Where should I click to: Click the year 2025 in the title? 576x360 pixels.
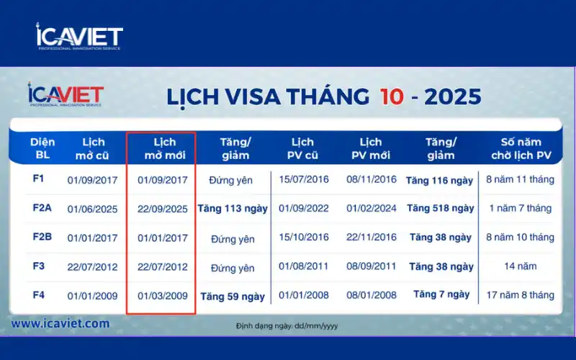453,96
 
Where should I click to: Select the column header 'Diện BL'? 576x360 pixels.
42,148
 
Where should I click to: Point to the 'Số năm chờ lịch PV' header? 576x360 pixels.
521,148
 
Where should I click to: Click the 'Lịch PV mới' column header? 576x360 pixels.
370,148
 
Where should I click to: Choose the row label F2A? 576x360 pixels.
42,208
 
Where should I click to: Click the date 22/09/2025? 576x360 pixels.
162,209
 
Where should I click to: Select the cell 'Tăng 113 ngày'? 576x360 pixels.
233,209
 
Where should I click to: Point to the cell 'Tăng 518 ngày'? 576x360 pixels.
440,209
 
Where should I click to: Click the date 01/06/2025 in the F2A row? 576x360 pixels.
92,209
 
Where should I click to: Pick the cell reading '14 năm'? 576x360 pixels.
521,266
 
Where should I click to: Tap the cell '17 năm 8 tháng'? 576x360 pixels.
521,295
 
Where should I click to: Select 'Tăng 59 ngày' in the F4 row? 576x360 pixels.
233,296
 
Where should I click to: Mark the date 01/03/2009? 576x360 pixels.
162,295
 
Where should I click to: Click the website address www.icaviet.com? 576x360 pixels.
60,324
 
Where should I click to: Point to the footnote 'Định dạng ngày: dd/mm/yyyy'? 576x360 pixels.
287,326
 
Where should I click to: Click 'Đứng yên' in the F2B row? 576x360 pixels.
233,238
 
